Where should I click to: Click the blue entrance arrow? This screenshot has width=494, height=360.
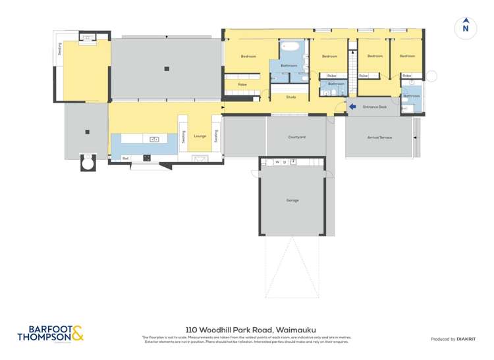pyautogui.click(x=352, y=107)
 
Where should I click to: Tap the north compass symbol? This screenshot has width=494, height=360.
pyautogui.click(x=466, y=27)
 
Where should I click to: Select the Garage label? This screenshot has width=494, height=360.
pyautogui.click(x=292, y=200)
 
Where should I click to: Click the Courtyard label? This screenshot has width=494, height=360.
pyautogui.click(x=296, y=137)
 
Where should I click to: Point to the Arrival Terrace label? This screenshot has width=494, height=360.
pyautogui.click(x=379, y=138)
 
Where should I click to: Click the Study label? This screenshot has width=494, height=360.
pyautogui.click(x=290, y=97)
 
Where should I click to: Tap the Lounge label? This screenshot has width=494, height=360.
pyautogui.click(x=200, y=136)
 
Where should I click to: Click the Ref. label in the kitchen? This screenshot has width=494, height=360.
pyautogui.click(x=125, y=158)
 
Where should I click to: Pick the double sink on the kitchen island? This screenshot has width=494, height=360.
pyautogui.click(x=155, y=139)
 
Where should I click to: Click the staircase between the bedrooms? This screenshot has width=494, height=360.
pyautogui.click(x=352, y=65)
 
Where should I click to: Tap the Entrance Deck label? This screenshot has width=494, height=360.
pyautogui.click(x=374, y=107)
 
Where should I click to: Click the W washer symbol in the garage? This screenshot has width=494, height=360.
pyautogui.click(x=277, y=162)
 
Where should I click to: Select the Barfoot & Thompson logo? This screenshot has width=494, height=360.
pyautogui.click(x=51, y=334)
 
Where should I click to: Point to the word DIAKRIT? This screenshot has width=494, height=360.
pyautogui.click(x=465, y=339)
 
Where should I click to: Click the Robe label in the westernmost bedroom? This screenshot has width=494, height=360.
pyautogui.click(x=242, y=84)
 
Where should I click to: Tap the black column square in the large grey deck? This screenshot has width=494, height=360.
pyautogui.click(x=167, y=68)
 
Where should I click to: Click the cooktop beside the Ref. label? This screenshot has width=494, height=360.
pyautogui.click(x=147, y=158)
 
